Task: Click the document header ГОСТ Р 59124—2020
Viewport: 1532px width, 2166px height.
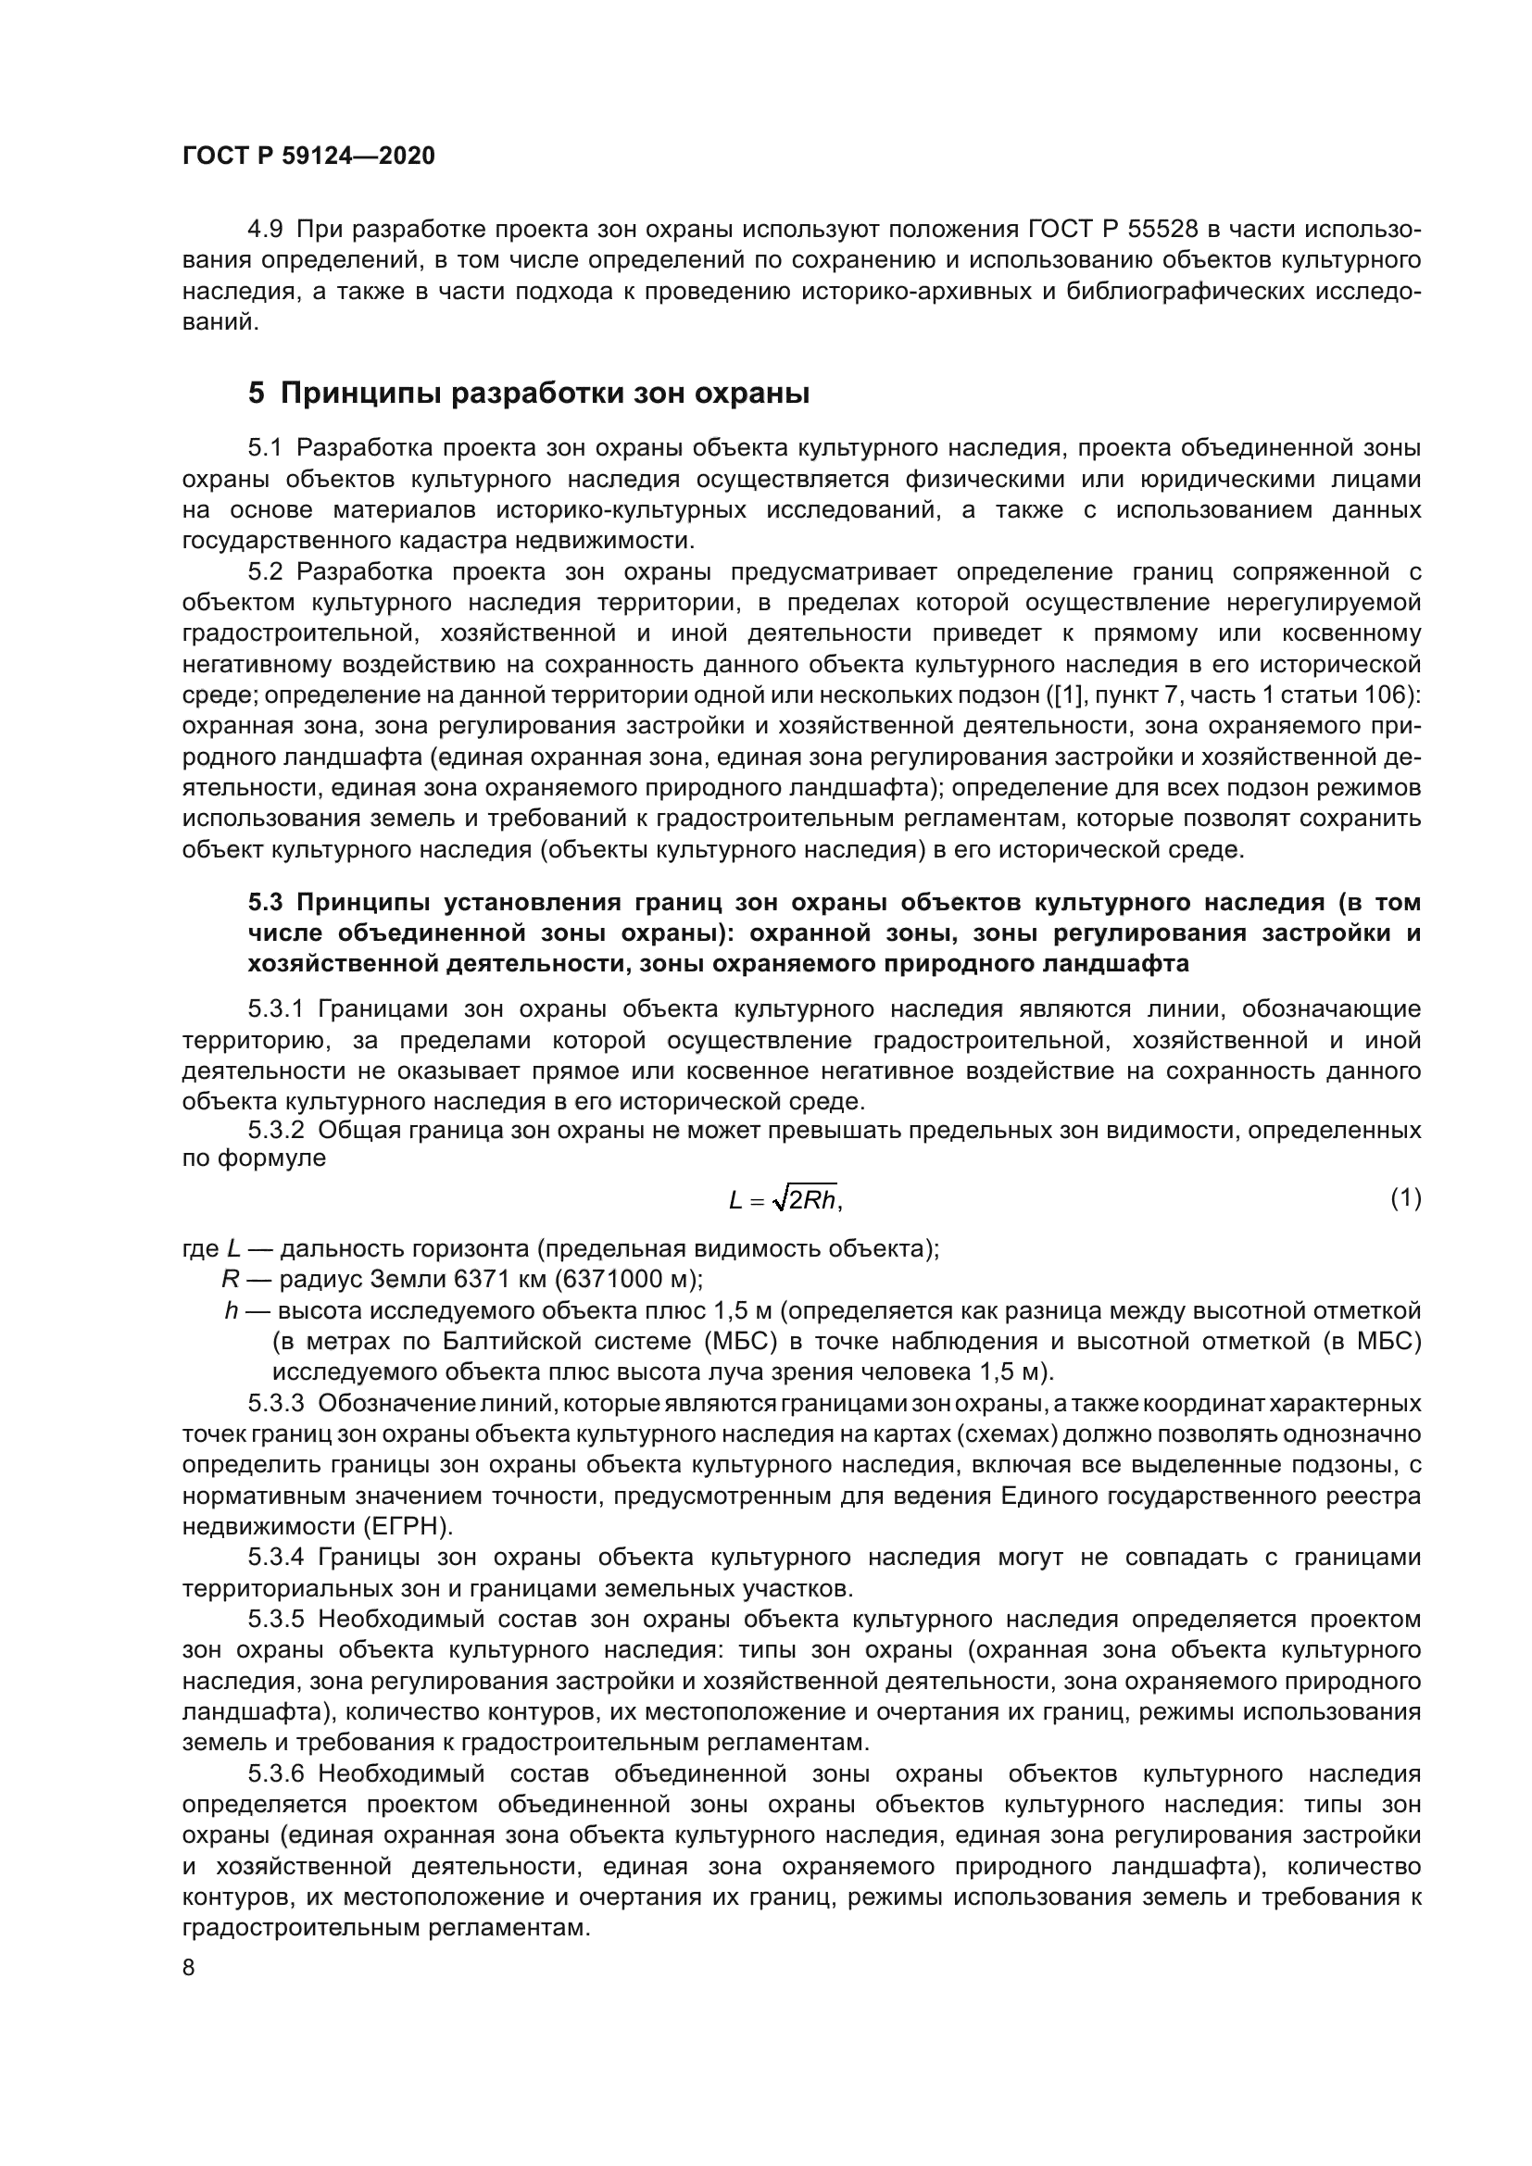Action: point(308,157)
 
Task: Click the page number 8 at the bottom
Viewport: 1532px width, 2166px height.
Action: point(190,1968)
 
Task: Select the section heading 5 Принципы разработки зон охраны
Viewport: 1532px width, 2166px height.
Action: point(528,393)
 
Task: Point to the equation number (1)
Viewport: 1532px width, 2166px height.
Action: point(1406,1198)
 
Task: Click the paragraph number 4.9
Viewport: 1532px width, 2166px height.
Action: point(265,230)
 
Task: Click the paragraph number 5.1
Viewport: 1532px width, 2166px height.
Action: point(265,448)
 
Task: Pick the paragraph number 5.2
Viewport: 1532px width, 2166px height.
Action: point(265,572)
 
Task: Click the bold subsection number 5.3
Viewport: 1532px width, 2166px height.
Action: point(265,902)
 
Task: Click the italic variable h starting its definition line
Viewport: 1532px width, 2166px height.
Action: point(232,1311)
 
